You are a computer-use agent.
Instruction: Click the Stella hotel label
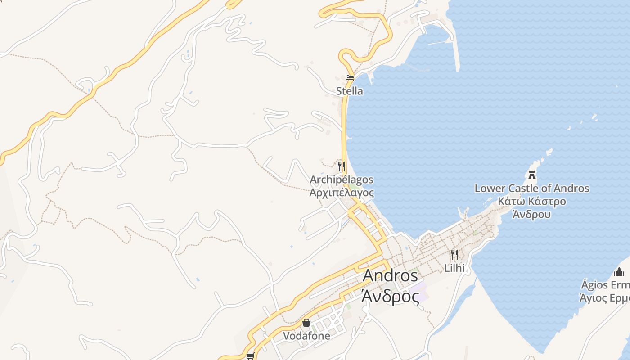(x=349, y=91)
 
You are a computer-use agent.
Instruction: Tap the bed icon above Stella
(x=349, y=77)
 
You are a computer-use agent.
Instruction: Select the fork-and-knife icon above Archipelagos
(x=342, y=166)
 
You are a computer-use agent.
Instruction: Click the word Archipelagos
(x=342, y=180)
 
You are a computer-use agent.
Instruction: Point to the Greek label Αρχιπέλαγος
(x=342, y=193)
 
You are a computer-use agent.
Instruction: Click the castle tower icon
(x=532, y=175)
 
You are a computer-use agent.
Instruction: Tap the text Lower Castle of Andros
(x=532, y=188)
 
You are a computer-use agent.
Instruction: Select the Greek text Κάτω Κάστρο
(x=532, y=201)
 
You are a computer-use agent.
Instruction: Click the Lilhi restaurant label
(x=454, y=268)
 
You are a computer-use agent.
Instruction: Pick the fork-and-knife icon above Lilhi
(x=454, y=255)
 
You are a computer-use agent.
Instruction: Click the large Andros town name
(x=390, y=275)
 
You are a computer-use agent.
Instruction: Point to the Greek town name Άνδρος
(x=390, y=296)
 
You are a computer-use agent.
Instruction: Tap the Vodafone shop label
(x=306, y=336)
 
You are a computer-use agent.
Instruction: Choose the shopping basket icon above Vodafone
(x=306, y=323)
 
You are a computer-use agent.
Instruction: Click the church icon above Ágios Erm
(x=619, y=272)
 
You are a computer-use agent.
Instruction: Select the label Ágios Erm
(x=605, y=285)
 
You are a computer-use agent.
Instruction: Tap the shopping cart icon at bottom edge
(x=250, y=356)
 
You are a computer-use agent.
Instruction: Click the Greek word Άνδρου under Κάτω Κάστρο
(x=532, y=214)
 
